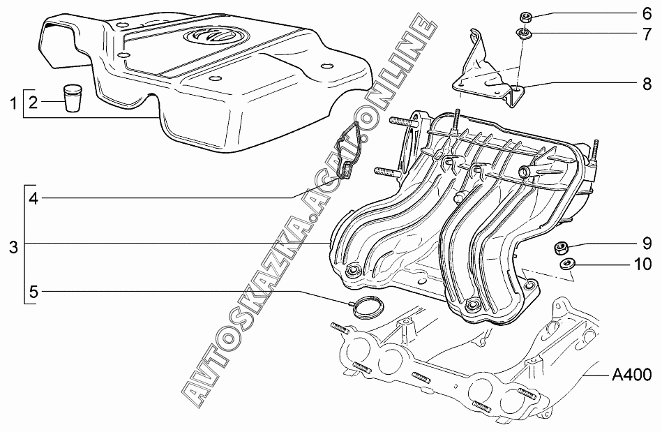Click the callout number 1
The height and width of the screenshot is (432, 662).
coord(13,104)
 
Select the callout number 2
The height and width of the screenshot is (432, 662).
coord(32,104)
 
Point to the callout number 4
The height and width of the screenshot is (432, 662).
coord(33,198)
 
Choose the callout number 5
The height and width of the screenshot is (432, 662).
coord(33,290)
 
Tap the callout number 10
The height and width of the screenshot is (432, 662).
coord(642,265)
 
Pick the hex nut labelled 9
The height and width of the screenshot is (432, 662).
coord(559,248)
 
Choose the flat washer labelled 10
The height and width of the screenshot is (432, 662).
coord(567,265)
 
